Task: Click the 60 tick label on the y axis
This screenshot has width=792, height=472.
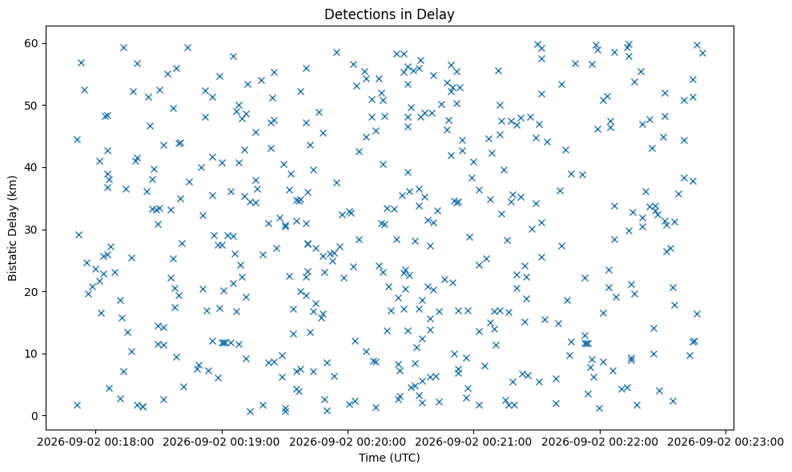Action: pyautogui.click(x=32, y=43)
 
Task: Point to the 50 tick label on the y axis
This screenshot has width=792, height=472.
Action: pyautogui.click(x=32, y=106)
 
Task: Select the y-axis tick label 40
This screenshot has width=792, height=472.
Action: pyautogui.click(x=32, y=167)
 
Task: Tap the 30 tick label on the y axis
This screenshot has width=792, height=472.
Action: pyautogui.click(x=32, y=230)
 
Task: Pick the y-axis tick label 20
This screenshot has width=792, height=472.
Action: pyautogui.click(x=32, y=292)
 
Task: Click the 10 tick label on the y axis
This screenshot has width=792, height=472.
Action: pyautogui.click(x=32, y=354)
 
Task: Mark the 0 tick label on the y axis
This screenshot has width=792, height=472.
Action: pyautogui.click(x=35, y=416)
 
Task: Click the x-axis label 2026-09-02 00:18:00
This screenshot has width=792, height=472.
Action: pyautogui.click(x=95, y=442)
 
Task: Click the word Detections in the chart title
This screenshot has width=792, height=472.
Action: pyautogui.click(x=351, y=14)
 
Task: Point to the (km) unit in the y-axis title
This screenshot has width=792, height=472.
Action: pyautogui.click(x=13, y=186)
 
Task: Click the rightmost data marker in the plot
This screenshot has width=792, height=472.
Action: pyautogui.click(x=702, y=53)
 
